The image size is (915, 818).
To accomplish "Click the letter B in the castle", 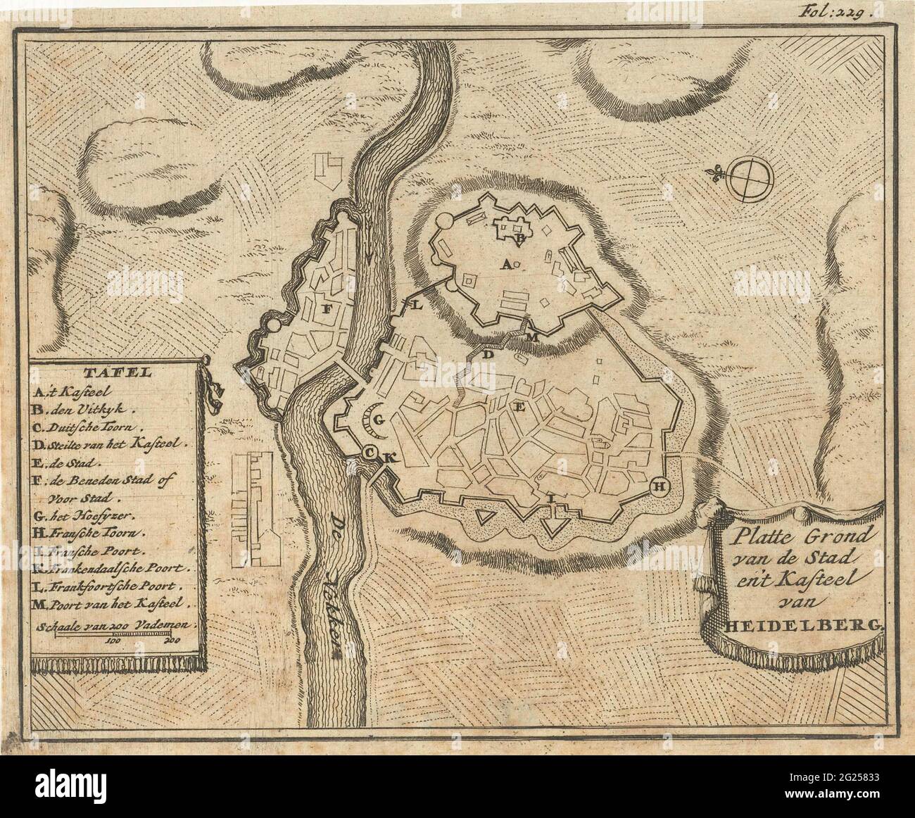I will [x=519, y=239].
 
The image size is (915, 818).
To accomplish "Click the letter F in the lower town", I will [x=327, y=308].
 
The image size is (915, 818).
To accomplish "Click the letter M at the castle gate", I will [x=532, y=337].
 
